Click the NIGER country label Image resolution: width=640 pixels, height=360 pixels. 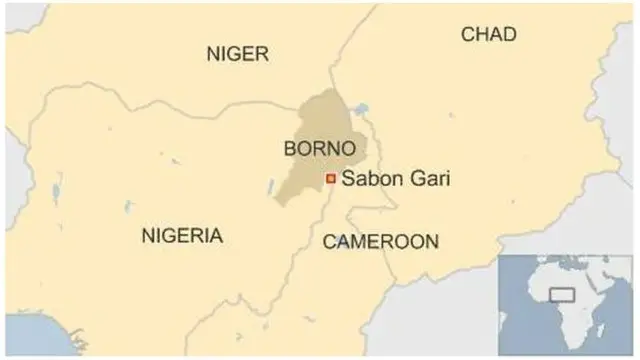(x=237, y=54)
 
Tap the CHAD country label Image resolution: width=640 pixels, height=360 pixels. (x=488, y=35)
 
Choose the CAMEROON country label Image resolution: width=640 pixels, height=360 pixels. (x=379, y=241)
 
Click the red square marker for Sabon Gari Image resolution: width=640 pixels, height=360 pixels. (x=330, y=179)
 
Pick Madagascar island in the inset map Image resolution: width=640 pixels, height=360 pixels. (x=607, y=335)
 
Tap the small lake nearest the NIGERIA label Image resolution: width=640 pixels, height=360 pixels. (x=128, y=209)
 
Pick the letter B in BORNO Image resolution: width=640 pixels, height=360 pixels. (x=291, y=148)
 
